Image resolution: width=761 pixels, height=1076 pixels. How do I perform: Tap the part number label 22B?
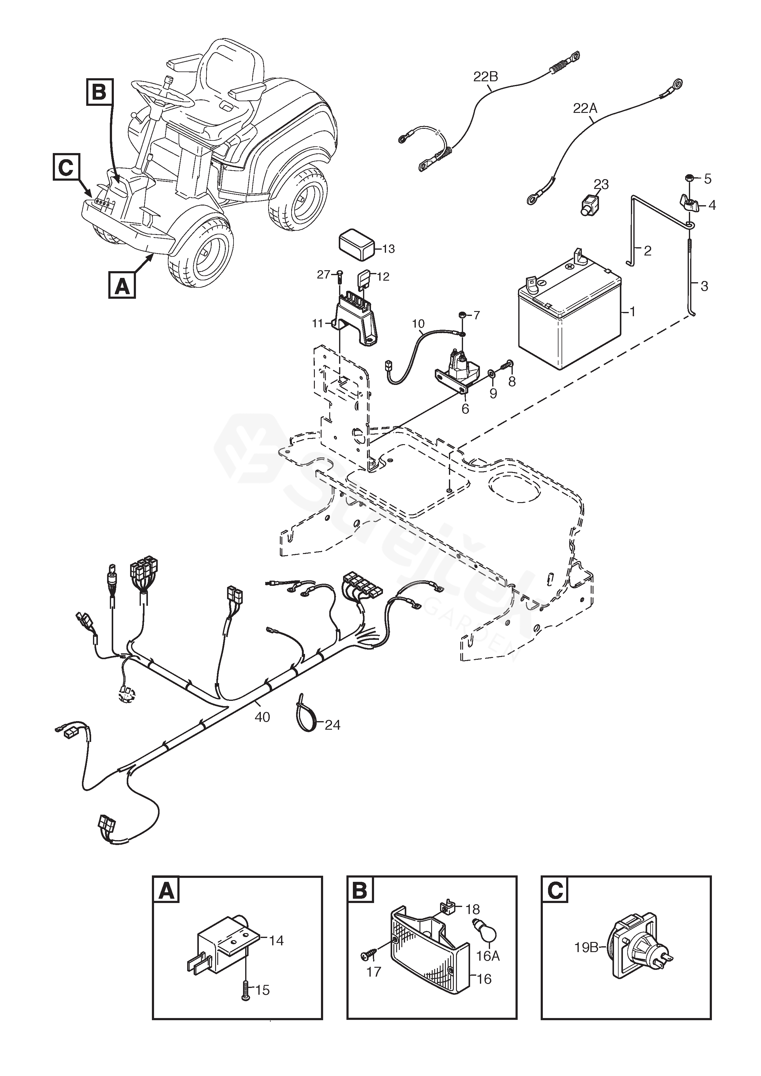pyautogui.click(x=485, y=76)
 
